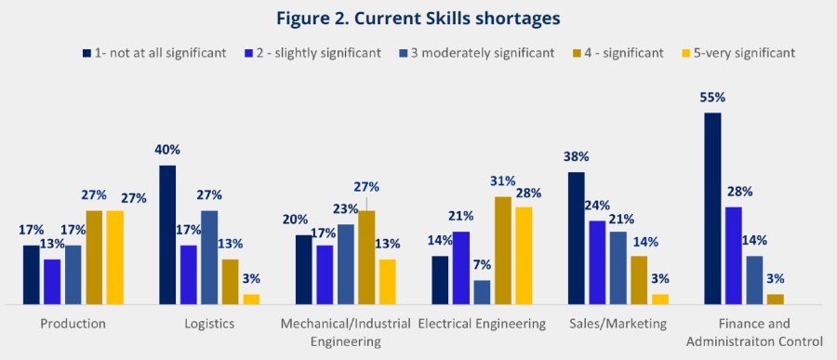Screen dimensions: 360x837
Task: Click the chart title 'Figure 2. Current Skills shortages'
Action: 418,18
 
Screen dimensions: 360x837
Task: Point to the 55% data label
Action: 713,97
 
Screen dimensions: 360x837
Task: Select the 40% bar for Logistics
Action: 168,234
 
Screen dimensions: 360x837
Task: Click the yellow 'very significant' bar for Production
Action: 114,257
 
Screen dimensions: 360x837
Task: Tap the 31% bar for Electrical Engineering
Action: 502,250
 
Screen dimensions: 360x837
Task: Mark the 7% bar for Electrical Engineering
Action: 482,292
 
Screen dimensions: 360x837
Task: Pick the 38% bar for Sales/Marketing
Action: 577,238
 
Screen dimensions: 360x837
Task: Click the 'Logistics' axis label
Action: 209,324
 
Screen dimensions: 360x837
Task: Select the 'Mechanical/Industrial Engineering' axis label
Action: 345,332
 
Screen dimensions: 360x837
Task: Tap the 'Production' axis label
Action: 73,324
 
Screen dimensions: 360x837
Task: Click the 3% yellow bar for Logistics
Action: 251,299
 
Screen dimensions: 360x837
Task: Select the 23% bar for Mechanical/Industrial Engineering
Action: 346,264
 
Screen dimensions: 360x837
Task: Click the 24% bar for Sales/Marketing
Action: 597,262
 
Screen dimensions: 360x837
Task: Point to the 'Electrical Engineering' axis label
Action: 482,324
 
